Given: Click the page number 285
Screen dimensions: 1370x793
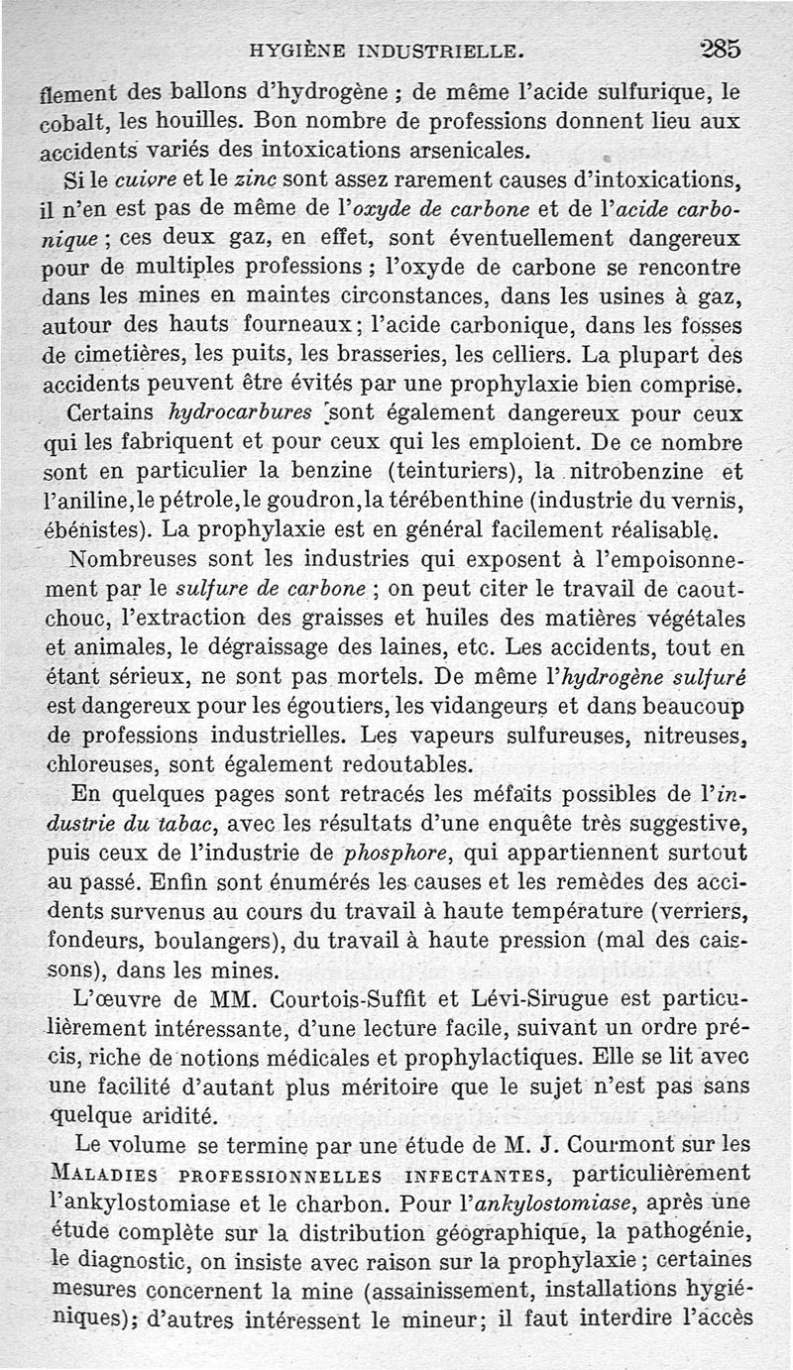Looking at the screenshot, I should pos(720,47).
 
